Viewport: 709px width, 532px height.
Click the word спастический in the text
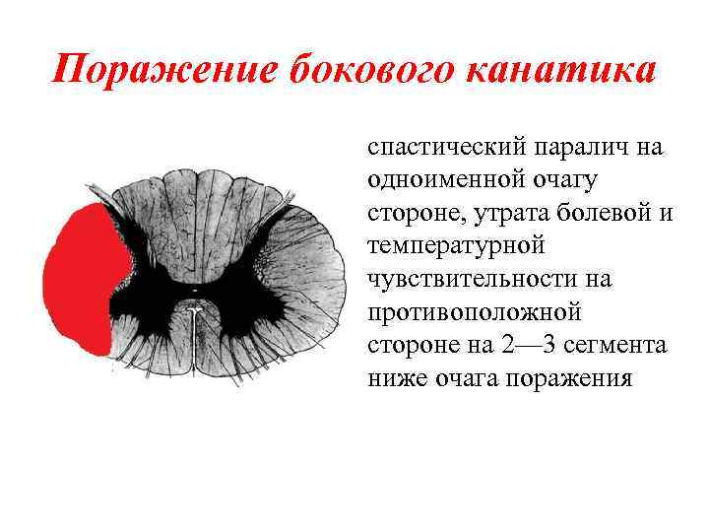(x=444, y=149)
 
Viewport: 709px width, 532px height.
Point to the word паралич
(x=582, y=149)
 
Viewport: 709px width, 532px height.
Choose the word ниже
(x=396, y=378)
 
